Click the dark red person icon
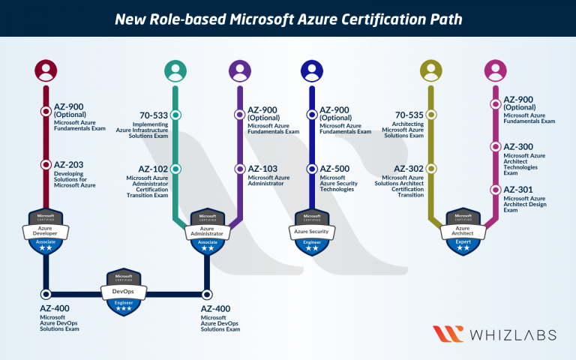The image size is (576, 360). [x=46, y=71]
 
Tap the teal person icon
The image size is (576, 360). [x=175, y=71]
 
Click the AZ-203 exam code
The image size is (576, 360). [x=69, y=165]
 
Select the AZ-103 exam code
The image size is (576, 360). [x=263, y=169]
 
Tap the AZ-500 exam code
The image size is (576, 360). [x=335, y=169]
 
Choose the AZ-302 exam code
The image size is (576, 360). [x=409, y=169]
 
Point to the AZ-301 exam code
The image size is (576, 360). [x=518, y=190]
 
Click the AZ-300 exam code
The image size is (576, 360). [x=518, y=147]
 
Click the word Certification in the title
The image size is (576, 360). [x=373, y=17]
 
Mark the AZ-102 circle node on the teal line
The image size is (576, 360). [x=175, y=169]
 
